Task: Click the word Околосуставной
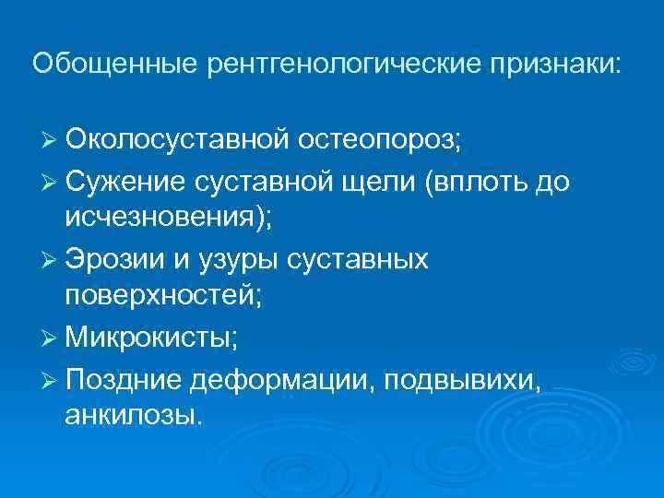tap(178, 142)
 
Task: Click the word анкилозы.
tap(132, 415)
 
